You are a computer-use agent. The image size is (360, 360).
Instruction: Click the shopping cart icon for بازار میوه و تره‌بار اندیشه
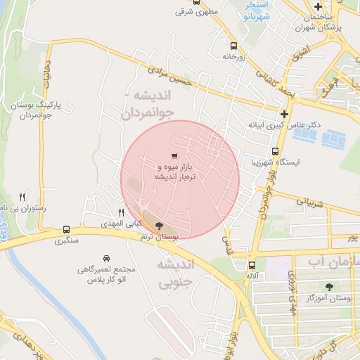pos(174,155)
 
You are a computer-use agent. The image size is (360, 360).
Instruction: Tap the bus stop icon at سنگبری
pos(67,229)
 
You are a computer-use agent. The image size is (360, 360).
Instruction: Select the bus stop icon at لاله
pos(252,265)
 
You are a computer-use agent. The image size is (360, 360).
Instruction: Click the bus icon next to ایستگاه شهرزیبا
pos(275,150)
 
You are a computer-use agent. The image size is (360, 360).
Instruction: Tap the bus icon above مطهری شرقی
pos(195,2)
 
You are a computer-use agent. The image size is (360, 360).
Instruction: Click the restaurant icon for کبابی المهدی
pos(121,212)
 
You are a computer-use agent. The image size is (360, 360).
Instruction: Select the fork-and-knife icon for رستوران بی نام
pos(22,198)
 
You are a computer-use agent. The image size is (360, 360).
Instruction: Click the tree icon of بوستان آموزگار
pos(329,286)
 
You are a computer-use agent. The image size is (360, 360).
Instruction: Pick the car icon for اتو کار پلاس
pos(106,258)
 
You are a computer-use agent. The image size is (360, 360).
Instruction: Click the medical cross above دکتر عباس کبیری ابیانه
pos(284,114)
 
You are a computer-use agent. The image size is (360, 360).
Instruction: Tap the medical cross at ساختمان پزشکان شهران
pos(318,6)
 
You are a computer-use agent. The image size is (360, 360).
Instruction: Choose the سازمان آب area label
pos(330,262)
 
